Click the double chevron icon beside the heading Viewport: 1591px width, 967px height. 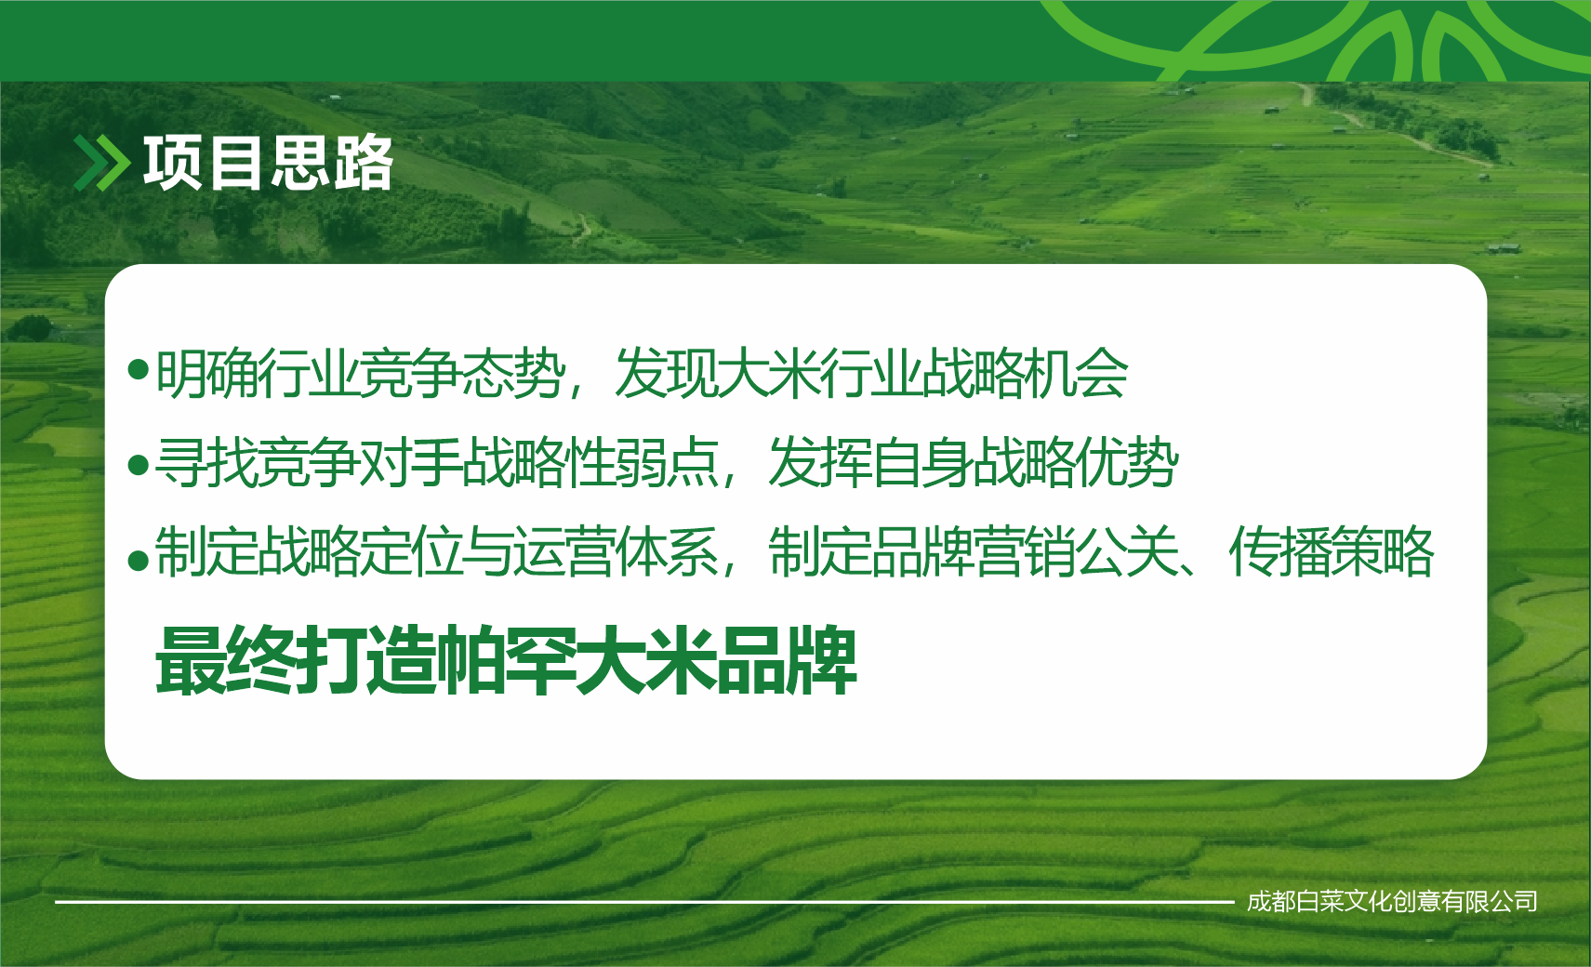[x=101, y=164]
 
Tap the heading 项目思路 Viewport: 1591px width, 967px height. [x=268, y=164]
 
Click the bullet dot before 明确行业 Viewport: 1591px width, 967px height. [x=138, y=369]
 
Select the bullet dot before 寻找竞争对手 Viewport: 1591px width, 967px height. [x=138, y=466]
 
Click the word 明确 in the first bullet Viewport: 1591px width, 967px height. [x=206, y=374]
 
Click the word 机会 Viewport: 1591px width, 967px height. [x=1075, y=374]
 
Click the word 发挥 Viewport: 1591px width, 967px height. [x=820, y=463]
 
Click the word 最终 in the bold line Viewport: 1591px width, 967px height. [x=226, y=660]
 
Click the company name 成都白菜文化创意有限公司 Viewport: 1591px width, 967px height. [x=1392, y=902]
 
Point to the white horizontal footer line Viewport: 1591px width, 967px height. [x=645, y=903]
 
